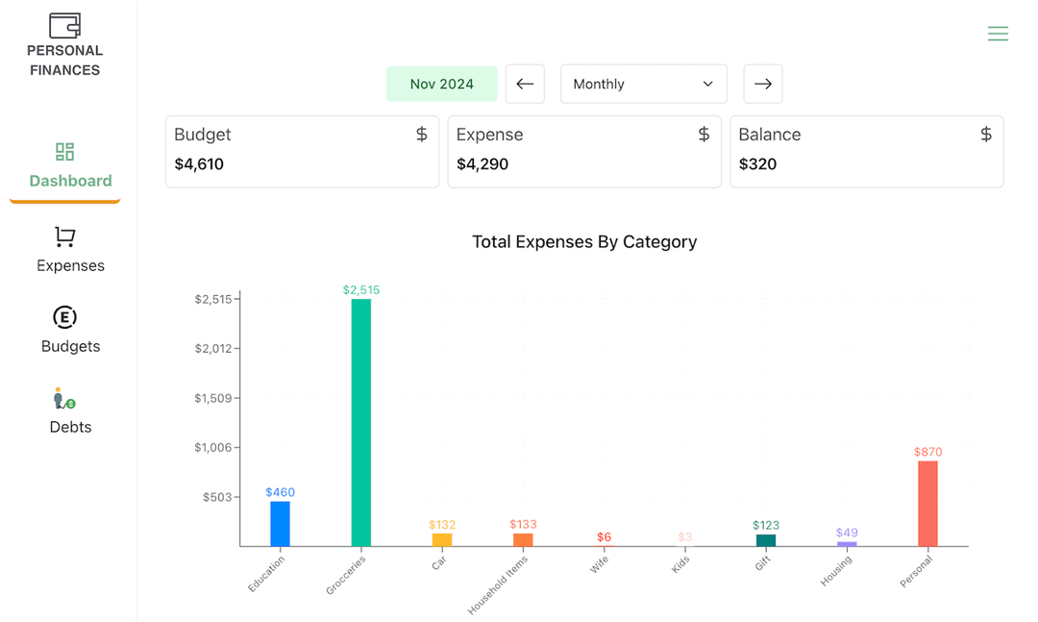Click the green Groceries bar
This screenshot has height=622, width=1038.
click(360, 422)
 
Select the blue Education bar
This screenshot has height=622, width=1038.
click(280, 524)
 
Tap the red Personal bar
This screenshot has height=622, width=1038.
click(927, 504)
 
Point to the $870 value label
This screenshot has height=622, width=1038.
click(927, 452)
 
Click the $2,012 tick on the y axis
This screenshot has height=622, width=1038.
click(213, 348)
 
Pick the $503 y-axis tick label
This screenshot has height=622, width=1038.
click(217, 497)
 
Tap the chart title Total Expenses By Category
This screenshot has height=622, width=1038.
click(584, 242)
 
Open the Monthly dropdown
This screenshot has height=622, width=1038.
click(643, 84)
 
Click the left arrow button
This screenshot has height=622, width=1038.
click(525, 84)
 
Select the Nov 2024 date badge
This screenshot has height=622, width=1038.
click(441, 84)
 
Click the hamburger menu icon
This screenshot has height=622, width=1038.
click(998, 34)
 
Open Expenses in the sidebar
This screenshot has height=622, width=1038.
click(70, 250)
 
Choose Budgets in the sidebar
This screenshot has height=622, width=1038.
click(70, 330)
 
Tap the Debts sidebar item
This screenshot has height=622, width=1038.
click(70, 411)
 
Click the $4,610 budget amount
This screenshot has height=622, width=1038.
click(199, 164)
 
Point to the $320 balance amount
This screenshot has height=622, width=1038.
click(757, 164)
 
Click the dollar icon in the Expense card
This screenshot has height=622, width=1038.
click(704, 135)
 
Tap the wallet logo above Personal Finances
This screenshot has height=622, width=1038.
click(64, 25)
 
